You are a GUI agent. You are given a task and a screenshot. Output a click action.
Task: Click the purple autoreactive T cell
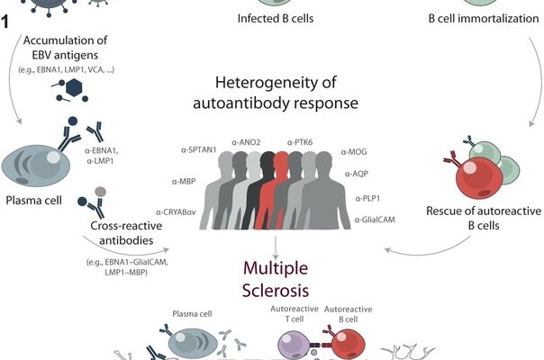point(294,346)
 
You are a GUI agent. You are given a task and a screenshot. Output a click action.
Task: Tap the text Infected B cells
point(276,18)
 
